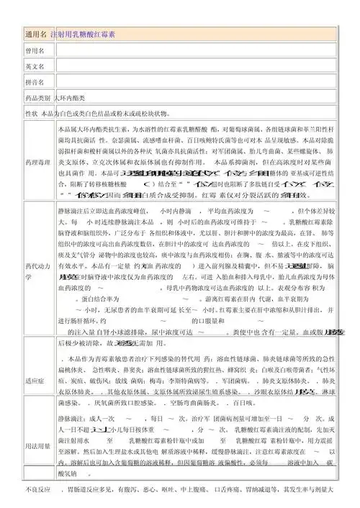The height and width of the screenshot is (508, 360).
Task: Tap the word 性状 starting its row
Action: (32, 114)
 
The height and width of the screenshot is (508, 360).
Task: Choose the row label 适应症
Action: (35, 381)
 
